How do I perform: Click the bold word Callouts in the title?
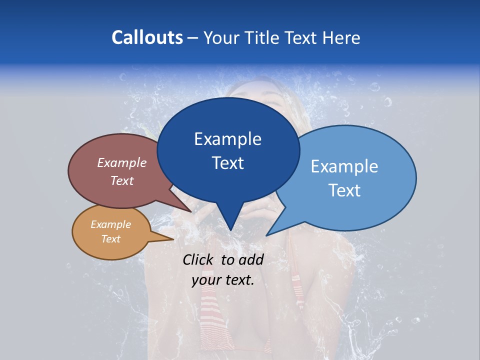[147, 37]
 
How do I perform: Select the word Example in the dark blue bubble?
[227, 139]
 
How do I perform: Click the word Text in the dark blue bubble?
[227, 163]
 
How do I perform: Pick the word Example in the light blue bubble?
[344, 166]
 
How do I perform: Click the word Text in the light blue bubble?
[344, 190]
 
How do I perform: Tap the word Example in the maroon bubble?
[122, 163]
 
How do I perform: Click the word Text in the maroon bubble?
[122, 180]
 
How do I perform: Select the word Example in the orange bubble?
[110, 224]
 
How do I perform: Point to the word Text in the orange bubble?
[110, 239]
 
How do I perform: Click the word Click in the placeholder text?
[199, 259]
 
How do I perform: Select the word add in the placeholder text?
[251, 259]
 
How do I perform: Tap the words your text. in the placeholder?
[223, 280]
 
